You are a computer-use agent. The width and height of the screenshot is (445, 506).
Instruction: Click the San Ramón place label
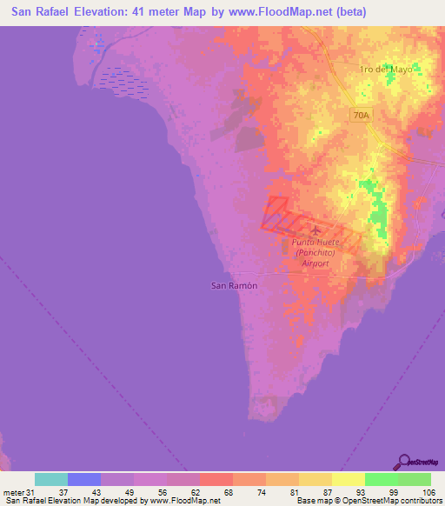pyautogui.click(x=235, y=285)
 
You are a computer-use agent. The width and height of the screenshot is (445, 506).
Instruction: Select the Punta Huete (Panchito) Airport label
pyautogui.click(x=315, y=251)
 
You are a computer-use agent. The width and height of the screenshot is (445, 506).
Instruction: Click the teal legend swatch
pyautogui.click(x=51, y=479)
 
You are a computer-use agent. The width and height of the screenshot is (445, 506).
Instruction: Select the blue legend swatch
pyautogui.click(x=84, y=479)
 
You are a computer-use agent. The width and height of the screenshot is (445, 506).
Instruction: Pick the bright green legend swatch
pyautogui.click(x=382, y=479)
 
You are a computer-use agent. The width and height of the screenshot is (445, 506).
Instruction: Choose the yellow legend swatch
pyautogui.click(x=349, y=479)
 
